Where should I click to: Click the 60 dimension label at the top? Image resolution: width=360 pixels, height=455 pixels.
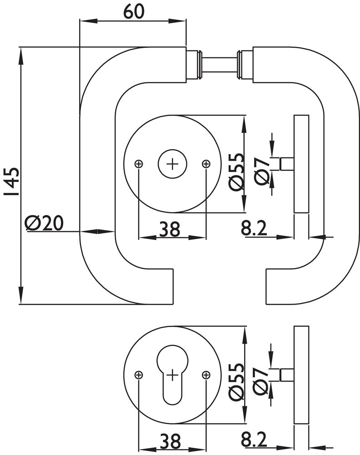coord(133,11)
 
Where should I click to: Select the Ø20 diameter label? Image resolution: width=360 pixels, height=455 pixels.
coord(44,223)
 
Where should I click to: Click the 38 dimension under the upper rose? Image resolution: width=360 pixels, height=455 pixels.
coord(170,229)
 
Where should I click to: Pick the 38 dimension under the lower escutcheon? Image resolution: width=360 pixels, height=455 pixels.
coord(170,440)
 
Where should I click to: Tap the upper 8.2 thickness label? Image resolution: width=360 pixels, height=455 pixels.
coord(254,229)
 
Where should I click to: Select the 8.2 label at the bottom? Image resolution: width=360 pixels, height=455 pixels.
coord(254,440)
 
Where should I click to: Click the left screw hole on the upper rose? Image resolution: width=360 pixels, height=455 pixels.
coord(139,164)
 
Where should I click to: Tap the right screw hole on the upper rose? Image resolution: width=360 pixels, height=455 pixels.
coord(206,164)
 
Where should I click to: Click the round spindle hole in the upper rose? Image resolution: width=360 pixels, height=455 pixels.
coord(172,164)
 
